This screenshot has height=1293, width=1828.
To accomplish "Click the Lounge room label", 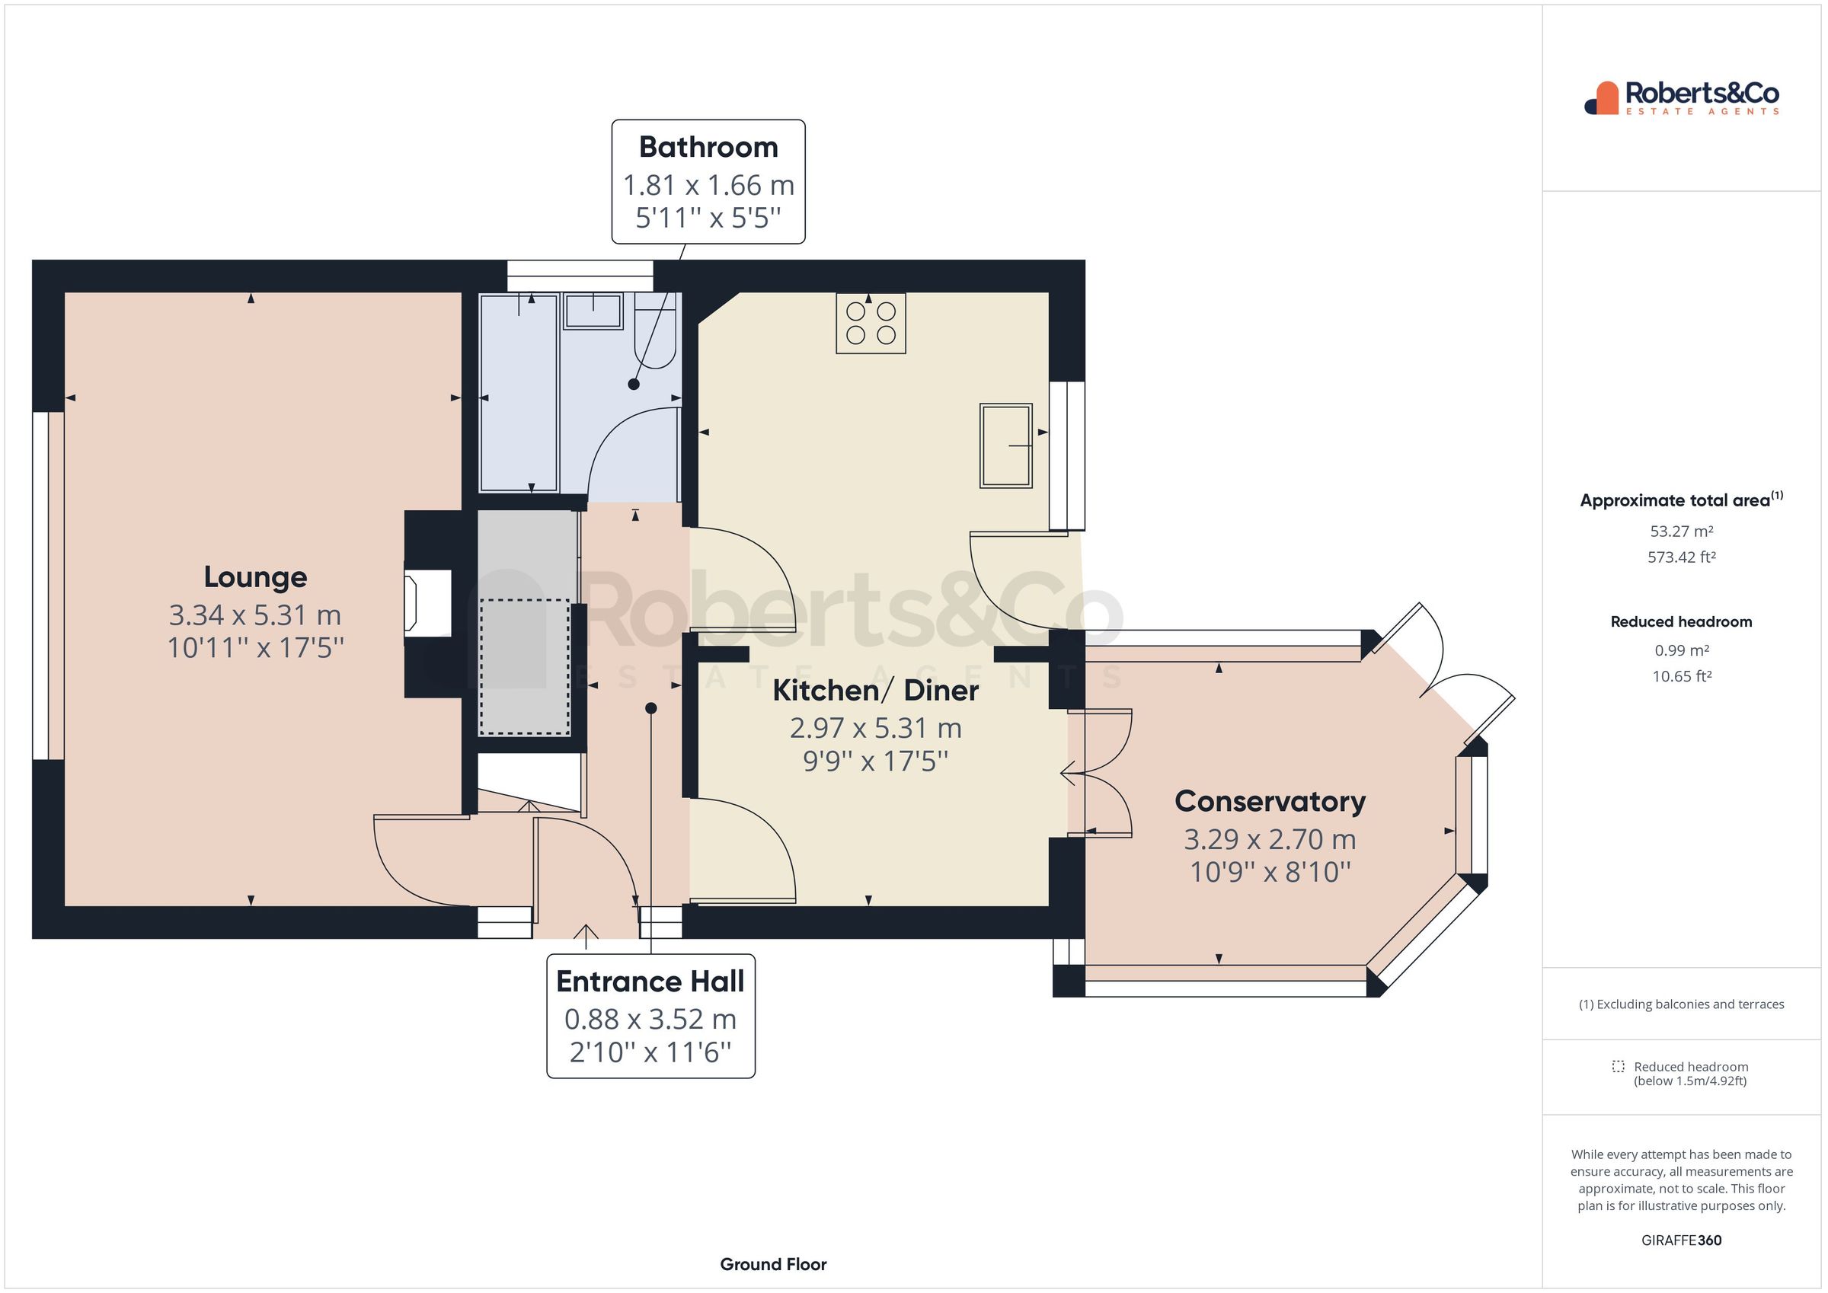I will coord(254,577).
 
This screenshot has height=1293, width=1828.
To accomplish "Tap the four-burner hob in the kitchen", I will coord(871,323).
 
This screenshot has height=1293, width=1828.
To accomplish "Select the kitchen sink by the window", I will coord(1005,446).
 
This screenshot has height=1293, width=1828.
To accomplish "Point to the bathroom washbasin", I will coord(593,311).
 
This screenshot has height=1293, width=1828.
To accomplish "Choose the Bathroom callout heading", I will coord(708,147).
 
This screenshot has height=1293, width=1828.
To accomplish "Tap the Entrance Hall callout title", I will coord(650,982).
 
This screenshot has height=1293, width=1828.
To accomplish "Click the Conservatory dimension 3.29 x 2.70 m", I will coord(1269,839).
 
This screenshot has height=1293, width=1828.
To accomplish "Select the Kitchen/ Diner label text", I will coord(875,691).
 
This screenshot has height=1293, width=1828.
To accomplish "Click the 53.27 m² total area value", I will coord(1681,531).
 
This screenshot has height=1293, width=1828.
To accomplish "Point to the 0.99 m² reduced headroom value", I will coord(1681,650).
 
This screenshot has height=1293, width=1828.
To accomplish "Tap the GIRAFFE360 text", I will coord(1681,1240).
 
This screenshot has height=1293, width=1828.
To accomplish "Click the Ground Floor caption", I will coord(772,1264).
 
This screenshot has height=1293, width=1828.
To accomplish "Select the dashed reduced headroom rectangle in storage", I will coord(525,667).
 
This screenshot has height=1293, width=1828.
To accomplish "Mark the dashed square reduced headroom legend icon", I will coord(1618,1067).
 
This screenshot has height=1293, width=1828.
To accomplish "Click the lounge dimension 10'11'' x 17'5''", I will coord(254,648).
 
